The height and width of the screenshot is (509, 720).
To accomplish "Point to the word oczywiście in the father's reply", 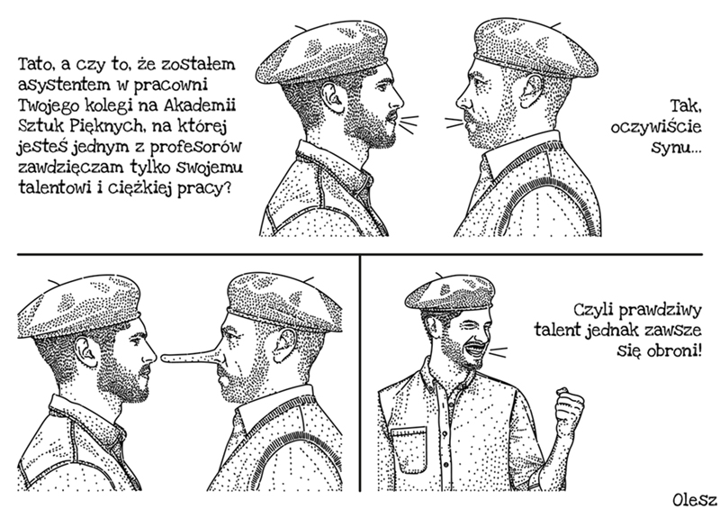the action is point(656,127).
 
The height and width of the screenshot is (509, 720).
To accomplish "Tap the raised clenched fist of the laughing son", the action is point(570,406).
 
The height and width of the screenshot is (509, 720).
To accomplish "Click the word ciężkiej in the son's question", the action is point(141,188).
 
